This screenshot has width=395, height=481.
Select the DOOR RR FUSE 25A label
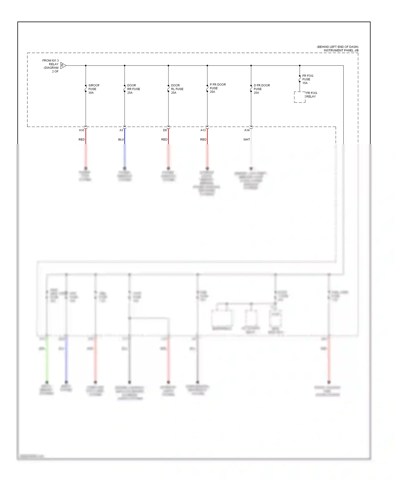click(133, 89)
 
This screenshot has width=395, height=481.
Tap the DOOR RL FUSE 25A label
click(177, 89)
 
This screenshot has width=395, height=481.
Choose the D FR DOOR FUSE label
click(261, 89)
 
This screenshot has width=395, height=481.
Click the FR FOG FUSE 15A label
click(307, 79)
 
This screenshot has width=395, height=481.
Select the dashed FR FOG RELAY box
click(300, 97)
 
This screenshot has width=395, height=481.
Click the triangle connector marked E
click(63, 66)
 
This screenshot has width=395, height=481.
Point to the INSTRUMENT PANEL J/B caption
click(341, 50)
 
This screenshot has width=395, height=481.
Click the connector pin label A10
click(82, 130)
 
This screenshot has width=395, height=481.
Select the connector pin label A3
click(121, 130)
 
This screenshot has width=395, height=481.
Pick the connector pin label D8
click(165, 130)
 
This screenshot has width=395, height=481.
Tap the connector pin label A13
click(203, 130)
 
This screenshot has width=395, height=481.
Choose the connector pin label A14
click(247, 130)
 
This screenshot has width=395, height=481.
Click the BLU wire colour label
click(121, 139)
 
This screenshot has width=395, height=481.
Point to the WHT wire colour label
click(246, 139)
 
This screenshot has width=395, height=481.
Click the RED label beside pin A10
click(82, 139)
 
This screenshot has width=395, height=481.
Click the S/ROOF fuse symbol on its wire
click(86, 89)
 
